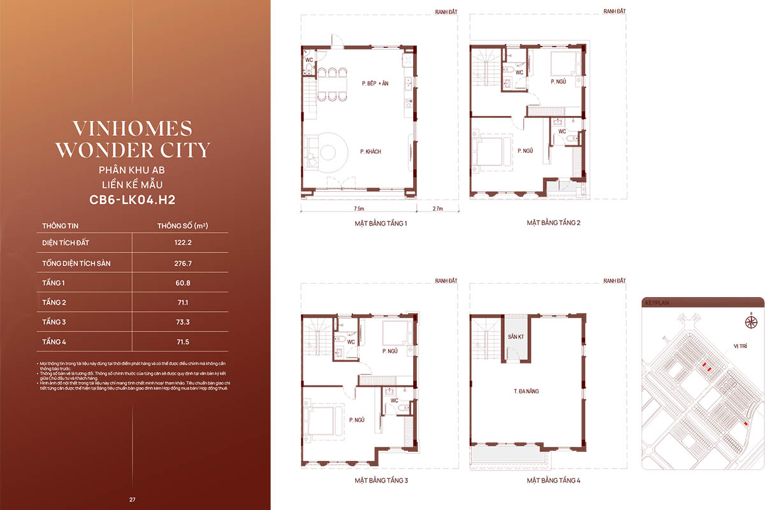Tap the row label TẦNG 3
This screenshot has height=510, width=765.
coord(54,322)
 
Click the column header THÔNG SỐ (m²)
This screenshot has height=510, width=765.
coord(184,226)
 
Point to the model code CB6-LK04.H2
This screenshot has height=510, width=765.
coord(133,200)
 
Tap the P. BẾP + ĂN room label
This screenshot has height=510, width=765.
coord(374,84)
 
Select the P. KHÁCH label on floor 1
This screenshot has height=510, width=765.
coord(370,152)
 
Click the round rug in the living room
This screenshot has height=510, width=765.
coord(328,152)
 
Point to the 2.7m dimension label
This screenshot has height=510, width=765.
coord(437,208)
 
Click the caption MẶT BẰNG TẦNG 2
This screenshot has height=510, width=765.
coord(553,222)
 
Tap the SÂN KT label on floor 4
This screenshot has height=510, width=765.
coord(515,336)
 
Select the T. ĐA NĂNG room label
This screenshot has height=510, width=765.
coord(526,391)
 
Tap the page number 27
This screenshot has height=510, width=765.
coord(133,499)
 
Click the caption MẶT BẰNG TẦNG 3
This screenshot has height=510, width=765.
coord(381,479)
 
